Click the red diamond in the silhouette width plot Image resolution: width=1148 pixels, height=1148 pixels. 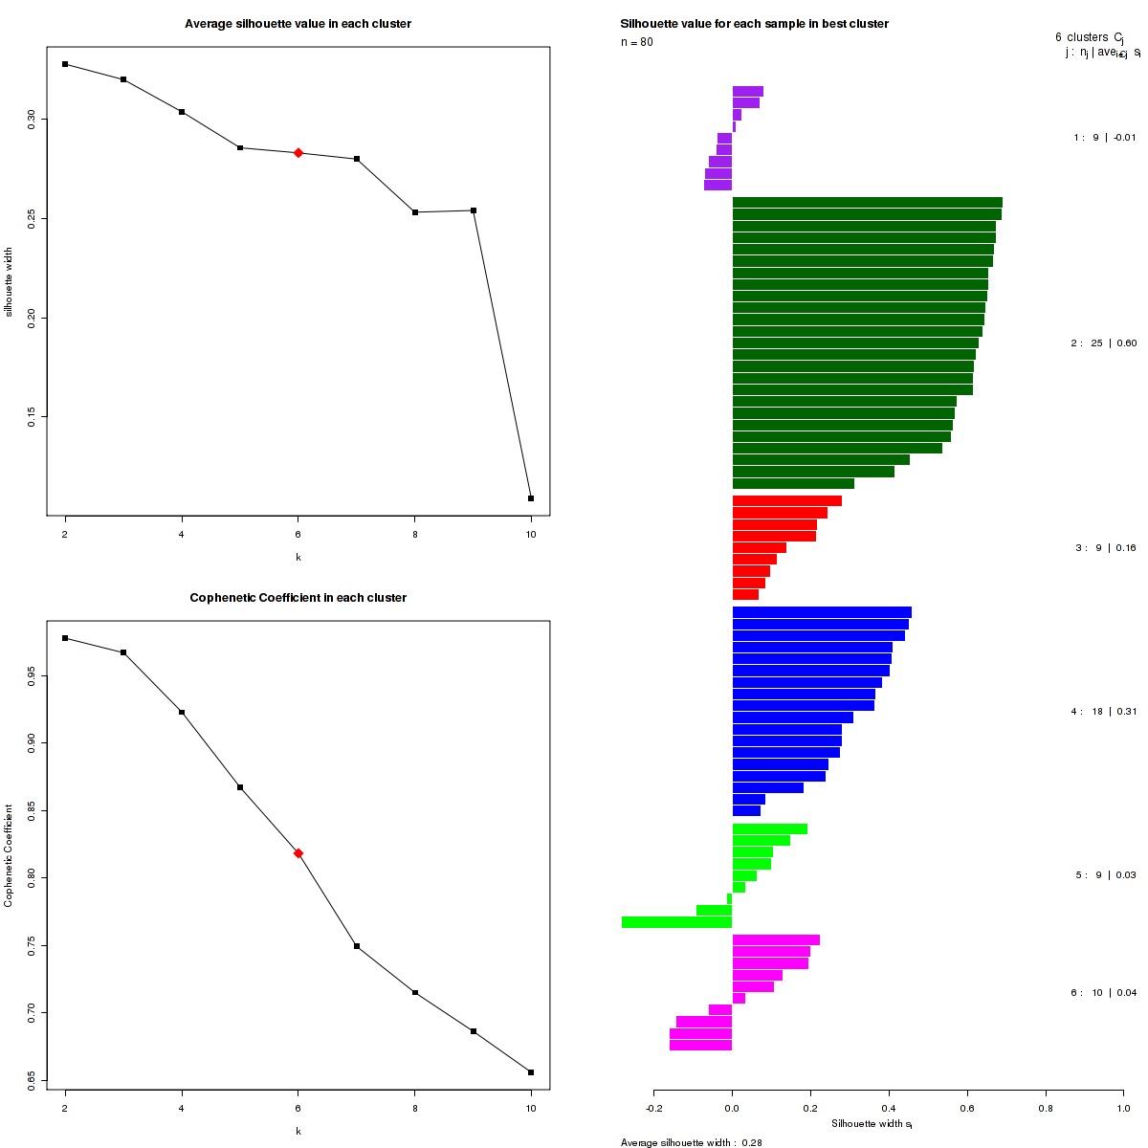click(298, 153)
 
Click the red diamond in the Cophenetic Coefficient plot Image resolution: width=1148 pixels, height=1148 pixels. click(298, 853)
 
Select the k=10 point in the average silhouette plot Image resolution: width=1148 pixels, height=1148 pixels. click(531, 498)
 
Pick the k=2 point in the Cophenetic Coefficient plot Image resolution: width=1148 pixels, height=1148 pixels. click(65, 638)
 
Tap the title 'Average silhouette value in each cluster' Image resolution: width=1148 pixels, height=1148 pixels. click(298, 24)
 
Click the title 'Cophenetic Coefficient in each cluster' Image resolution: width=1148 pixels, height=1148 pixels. click(298, 598)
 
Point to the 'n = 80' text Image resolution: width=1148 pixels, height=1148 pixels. click(637, 42)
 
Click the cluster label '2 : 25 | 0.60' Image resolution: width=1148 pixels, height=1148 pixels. click(1104, 342)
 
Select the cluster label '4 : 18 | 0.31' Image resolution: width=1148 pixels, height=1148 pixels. click(1104, 712)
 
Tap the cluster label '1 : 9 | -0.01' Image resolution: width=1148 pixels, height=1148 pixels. click(1104, 138)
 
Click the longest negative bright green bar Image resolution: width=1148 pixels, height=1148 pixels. click(676, 922)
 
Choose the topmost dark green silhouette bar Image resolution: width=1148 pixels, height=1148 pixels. click(867, 202)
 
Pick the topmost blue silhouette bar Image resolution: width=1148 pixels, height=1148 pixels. click(822, 612)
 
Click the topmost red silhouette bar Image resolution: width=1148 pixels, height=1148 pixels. click(786, 500)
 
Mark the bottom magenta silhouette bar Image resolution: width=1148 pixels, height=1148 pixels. click(700, 1045)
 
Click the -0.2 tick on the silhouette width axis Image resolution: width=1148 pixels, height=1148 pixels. click(653, 1108)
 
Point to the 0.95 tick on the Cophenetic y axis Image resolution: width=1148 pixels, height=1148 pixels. click(33, 675)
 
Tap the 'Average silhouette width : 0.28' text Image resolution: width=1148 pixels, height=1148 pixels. click(691, 1142)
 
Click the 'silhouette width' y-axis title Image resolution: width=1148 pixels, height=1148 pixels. click(10, 283)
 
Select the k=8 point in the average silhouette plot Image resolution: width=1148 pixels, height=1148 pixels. click(415, 212)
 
